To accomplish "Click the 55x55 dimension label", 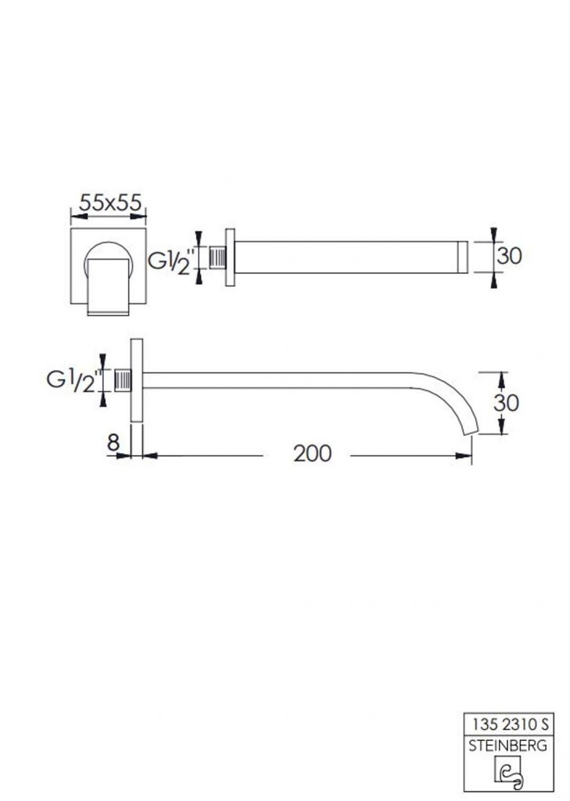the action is click(109, 203).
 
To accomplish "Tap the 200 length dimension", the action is click(313, 453).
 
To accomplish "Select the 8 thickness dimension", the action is click(113, 442).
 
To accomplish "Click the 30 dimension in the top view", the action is click(509, 256).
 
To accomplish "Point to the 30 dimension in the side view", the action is click(506, 403).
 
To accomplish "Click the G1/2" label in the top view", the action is click(172, 261).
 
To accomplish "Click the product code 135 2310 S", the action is click(510, 724).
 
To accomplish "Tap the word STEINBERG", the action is click(507, 745).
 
